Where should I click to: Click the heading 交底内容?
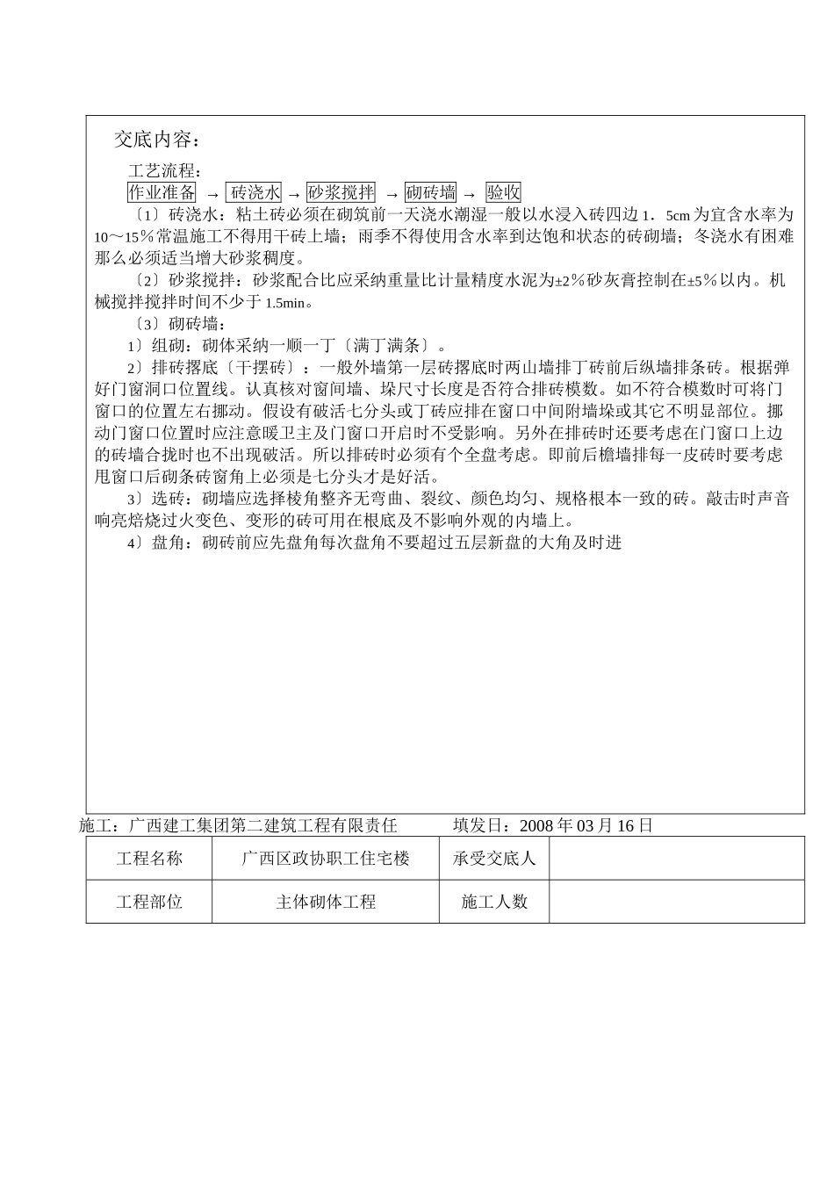158,140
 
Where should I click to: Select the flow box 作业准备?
162,192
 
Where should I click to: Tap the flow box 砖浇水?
255,192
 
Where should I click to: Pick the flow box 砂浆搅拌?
342,192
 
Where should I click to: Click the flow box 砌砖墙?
431,192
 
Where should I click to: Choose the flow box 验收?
504,192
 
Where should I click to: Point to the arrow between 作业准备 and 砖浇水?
212,194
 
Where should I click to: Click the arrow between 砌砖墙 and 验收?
470,194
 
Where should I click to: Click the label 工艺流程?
166,170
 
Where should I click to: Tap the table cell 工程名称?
149,859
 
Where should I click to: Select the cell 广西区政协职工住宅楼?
326,859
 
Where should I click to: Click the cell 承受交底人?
494,859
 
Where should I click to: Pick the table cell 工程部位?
149,902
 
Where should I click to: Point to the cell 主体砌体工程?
326,902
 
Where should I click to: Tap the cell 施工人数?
494,902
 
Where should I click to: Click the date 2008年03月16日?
586,825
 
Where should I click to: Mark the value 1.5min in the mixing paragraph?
289,303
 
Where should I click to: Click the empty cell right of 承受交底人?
676,859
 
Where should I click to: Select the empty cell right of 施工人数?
676,902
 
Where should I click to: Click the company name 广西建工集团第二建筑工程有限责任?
262,825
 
